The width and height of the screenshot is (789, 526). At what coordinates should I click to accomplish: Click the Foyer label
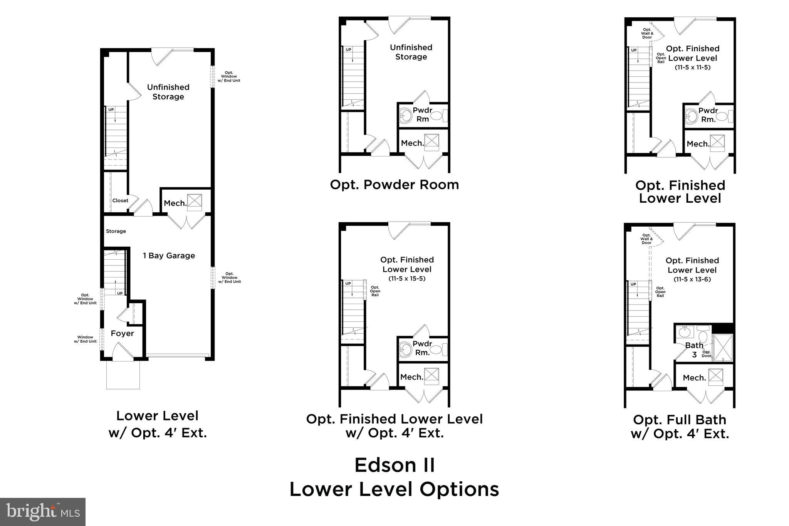(122, 333)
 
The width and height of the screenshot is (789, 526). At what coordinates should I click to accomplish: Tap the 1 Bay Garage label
(169, 255)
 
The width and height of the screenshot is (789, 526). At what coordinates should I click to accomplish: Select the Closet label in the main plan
(120, 200)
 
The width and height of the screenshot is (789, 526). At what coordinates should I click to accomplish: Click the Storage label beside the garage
(116, 231)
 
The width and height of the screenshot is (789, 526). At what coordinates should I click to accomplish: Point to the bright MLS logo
(43, 511)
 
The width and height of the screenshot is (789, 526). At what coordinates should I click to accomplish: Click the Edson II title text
(394, 465)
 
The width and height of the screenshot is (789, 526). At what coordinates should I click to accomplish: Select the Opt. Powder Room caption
(394, 185)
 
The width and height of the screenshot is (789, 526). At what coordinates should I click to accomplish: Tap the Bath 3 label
(694, 350)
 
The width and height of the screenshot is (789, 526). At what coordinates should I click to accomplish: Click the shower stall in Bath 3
(723, 348)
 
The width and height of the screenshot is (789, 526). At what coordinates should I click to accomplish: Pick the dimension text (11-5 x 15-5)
(407, 279)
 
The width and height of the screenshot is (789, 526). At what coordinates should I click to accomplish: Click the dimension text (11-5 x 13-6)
(692, 279)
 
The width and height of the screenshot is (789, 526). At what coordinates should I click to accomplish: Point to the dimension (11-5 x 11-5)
(692, 67)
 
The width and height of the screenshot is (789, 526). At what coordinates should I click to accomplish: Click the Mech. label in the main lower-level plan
(175, 203)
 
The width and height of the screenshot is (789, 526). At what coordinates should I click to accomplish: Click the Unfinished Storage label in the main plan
(168, 92)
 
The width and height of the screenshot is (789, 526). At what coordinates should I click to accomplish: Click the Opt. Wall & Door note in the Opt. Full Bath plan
(646, 239)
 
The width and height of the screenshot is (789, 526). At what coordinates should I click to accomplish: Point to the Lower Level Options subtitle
(394, 489)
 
